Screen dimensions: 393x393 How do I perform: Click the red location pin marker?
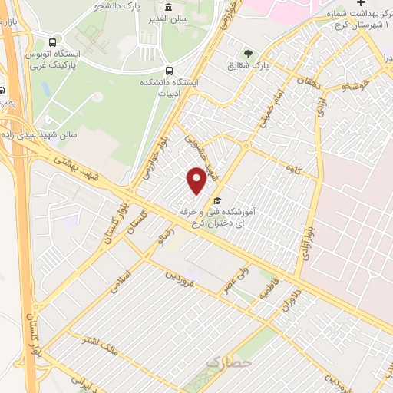point(197,181)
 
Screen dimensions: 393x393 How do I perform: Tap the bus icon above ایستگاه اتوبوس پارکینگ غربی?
point(51,43)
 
